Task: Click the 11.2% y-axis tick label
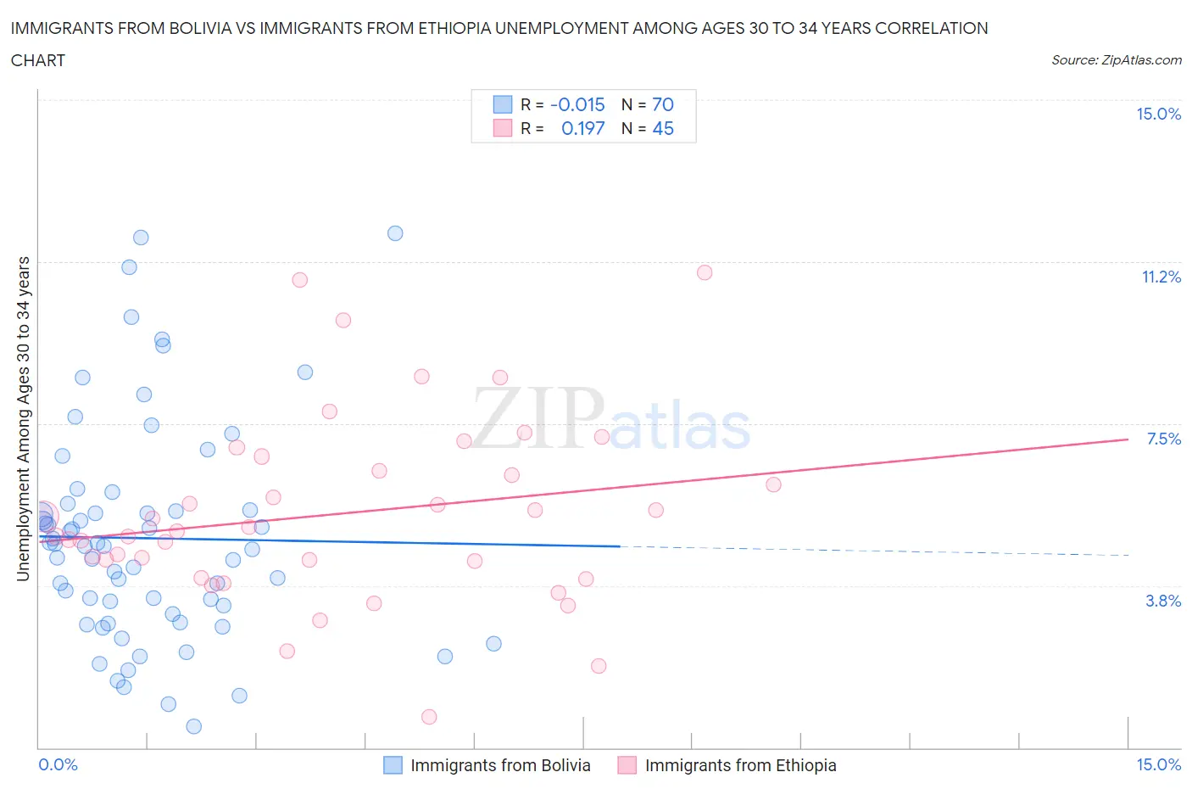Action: click(x=1161, y=277)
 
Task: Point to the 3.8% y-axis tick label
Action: click(x=1163, y=601)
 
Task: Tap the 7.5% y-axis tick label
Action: click(x=1163, y=439)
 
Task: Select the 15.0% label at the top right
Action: click(x=1158, y=114)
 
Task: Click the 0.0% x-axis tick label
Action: click(x=58, y=764)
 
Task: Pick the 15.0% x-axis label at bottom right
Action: click(x=1158, y=764)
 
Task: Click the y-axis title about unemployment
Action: click(x=23, y=418)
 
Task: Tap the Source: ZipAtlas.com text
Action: click(x=1116, y=59)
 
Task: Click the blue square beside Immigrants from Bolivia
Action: click(x=393, y=765)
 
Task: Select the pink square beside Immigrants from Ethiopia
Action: click(x=627, y=765)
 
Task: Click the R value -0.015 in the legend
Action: click(x=577, y=104)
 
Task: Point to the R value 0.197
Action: click(x=582, y=128)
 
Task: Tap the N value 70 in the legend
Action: click(x=662, y=104)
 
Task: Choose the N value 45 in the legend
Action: click(x=662, y=128)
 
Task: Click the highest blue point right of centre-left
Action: click(x=395, y=233)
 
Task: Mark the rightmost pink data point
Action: click(x=773, y=484)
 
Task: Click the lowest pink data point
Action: click(x=429, y=717)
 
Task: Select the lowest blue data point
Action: click(x=193, y=726)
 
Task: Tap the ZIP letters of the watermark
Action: click(x=538, y=418)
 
